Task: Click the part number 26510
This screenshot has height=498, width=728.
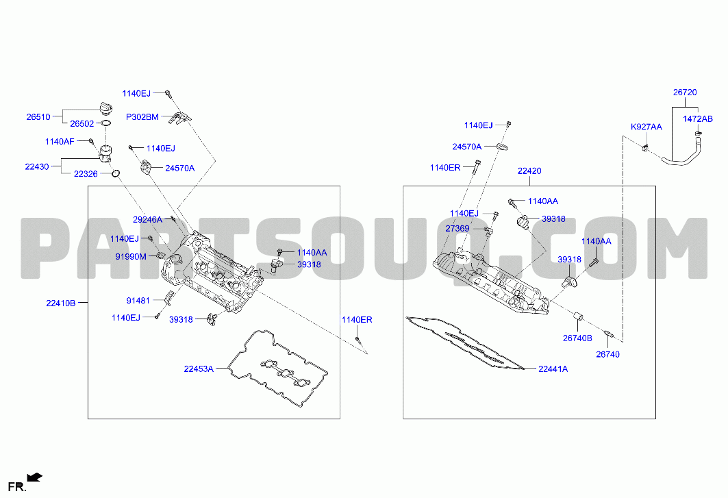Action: (x=38, y=117)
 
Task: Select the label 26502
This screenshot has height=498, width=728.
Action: (x=81, y=123)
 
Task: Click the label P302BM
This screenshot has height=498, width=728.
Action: (x=142, y=117)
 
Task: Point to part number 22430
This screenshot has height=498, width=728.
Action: (x=37, y=166)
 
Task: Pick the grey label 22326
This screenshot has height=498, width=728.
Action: (x=86, y=174)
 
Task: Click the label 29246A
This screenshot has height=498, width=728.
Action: (x=148, y=220)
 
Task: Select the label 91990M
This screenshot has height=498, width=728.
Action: (x=131, y=256)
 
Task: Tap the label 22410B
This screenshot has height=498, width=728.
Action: (x=61, y=303)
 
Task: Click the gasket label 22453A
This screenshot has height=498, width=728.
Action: (x=199, y=369)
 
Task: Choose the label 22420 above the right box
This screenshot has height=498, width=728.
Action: (x=529, y=171)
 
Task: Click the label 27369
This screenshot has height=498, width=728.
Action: (x=457, y=229)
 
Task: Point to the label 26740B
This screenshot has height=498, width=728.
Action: (x=577, y=338)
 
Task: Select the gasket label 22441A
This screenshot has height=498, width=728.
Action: (x=553, y=369)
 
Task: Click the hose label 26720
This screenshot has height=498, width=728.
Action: (x=685, y=92)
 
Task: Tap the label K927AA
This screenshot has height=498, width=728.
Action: (x=647, y=127)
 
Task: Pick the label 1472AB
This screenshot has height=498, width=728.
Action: (x=698, y=119)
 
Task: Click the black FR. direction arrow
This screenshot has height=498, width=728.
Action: (x=35, y=477)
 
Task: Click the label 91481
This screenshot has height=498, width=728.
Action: (x=138, y=301)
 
